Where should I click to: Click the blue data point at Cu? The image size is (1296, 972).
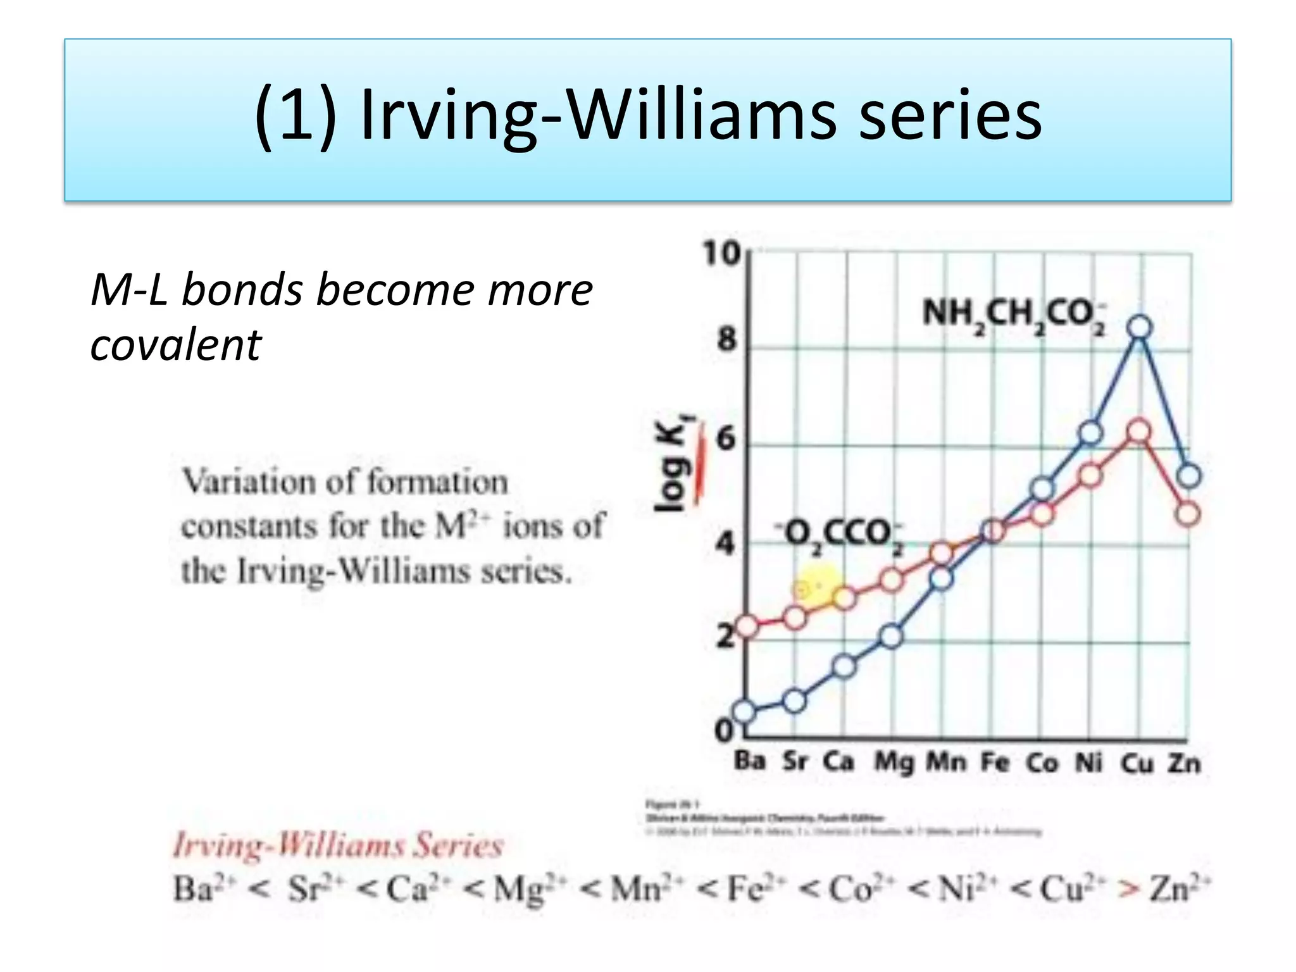coord(1140,328)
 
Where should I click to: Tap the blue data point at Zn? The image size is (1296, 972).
coord(1189,476)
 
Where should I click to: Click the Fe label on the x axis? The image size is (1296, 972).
coord(995,762)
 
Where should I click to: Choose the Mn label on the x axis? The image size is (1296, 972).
coord(946,762)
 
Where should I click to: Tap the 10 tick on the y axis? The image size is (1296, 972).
coord(721,254)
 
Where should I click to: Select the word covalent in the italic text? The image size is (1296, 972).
coord(175,345)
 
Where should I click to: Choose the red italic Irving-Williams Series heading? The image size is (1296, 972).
coord(338,846)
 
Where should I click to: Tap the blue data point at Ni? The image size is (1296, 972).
coord(1090,433)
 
